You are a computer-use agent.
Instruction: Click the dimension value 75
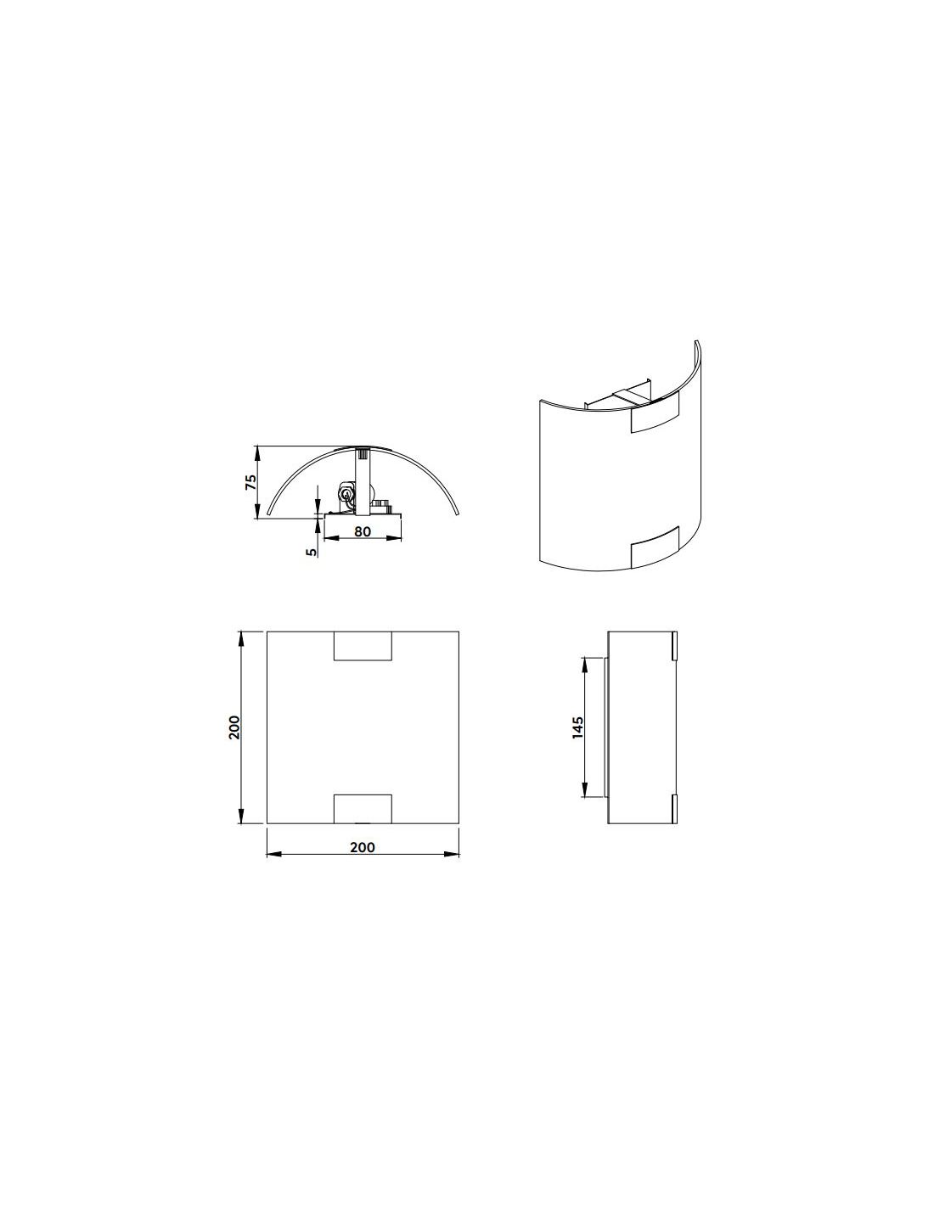251,481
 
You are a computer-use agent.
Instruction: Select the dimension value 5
312,552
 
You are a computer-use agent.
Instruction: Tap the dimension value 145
578,727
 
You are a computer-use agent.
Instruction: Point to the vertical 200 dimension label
233,727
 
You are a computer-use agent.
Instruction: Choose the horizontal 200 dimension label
363,847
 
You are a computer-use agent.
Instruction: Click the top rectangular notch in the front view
363,645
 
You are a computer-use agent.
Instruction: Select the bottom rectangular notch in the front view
363,809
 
